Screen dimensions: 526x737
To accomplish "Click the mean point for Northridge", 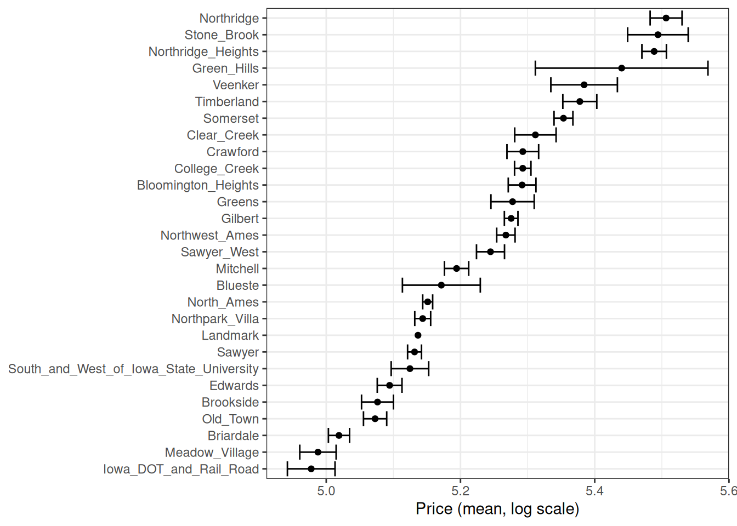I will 666,18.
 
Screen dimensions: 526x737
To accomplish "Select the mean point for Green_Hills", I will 621,68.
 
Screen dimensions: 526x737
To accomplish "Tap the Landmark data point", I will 418,335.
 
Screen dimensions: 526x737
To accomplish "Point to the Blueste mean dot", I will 441,285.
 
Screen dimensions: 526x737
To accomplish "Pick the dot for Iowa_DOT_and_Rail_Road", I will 311,469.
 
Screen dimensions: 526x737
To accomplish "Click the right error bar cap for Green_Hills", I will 708,68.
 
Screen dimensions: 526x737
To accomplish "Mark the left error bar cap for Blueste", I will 402,285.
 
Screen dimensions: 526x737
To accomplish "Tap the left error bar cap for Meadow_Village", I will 300,452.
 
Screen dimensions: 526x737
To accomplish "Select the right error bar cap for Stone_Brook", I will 688,35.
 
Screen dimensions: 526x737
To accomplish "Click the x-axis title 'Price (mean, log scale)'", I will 497,509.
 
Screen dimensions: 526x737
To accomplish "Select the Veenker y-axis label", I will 236,85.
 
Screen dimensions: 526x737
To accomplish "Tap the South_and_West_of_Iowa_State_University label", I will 133,369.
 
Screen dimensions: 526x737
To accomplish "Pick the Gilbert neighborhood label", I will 240,219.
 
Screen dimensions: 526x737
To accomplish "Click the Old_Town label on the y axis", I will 230,419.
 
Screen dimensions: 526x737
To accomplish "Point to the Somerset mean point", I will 563,118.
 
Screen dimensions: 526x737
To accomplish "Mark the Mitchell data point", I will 457,268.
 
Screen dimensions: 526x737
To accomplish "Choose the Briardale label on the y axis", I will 233,436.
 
